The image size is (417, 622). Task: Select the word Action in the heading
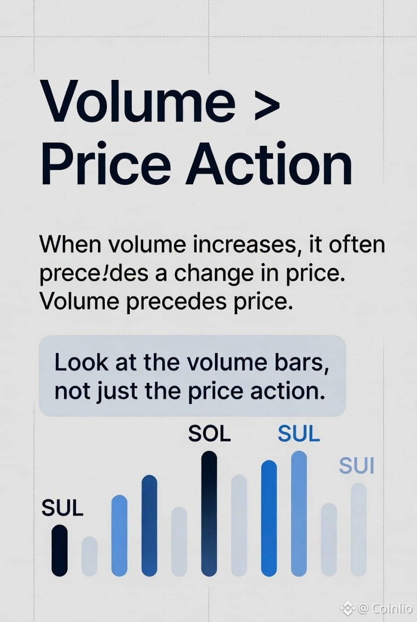tap(269, 164)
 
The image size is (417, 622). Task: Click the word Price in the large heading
tap(106, 164)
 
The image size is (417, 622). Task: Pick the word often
tap(357, 244)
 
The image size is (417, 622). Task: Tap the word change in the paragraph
tap(213, 274)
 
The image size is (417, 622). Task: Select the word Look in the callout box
tap(81, 362)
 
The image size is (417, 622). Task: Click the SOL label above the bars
tap(209, 433)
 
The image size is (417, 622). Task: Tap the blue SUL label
tap(298, 433)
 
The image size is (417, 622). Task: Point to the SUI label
tap(357, 466)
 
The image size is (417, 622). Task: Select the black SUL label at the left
tap(62, 508)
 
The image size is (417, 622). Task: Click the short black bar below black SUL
tap(60, 550)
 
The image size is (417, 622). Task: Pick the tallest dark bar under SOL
tap(209, 513)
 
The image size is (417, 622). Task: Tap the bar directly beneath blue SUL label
tap(299, 513)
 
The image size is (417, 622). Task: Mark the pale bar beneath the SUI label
tap(358, 529)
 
